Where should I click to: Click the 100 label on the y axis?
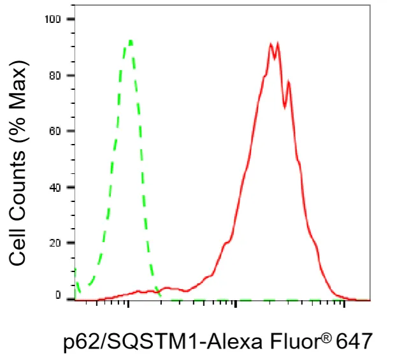coord(53,19)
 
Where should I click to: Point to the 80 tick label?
coord(55,75)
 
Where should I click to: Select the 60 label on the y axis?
coord(55,131)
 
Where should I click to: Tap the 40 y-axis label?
coord(55,187)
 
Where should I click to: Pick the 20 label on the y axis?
coord(55,243)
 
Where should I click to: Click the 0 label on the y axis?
coord(58,295)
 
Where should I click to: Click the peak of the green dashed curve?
coord(131,41)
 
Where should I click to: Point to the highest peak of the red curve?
coord(278,43)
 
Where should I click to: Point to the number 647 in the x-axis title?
coord(354,342)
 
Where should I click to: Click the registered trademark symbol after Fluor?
coord(327,337)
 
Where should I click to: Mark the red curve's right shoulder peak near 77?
coord(288,82)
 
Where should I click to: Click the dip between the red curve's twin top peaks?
coord(275,59)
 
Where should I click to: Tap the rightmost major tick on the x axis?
coord(344,304)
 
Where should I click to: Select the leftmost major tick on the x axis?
coord(128,304)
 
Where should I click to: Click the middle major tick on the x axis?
coord(236,304)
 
